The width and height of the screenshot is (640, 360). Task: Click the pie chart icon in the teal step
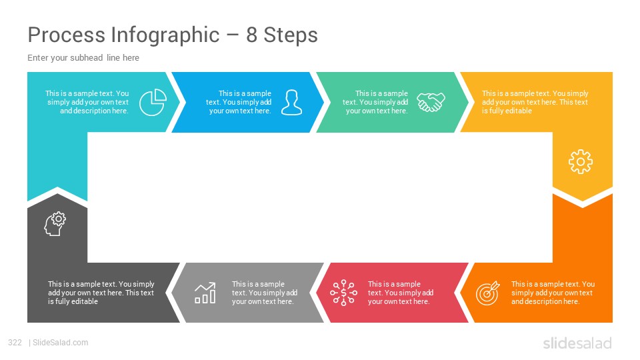(153, 102)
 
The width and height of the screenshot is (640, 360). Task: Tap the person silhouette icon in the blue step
(292, 102)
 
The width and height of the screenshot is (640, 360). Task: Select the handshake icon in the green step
(431, 102)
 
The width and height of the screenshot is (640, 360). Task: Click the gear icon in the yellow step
(581, 161)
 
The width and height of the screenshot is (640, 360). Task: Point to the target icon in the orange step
(488, 293)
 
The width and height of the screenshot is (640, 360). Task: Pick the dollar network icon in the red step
(344, 293)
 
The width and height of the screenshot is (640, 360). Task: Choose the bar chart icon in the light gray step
(205, 293)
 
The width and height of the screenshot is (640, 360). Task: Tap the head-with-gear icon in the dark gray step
(55, 224)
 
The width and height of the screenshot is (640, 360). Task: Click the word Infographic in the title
(165, 35)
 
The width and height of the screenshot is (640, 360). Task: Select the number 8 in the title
(251, 35)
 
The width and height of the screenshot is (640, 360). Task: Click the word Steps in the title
(291, 35)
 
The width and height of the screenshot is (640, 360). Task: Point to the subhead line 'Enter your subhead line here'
(83, 58)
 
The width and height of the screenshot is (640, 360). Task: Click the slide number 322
(15, 343)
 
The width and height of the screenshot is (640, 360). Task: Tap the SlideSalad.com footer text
(61, 343)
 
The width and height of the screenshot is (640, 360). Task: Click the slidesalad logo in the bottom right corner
(577, 343)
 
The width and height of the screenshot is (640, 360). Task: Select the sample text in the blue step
(239, 102)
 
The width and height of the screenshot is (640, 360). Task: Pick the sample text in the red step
(401, 293)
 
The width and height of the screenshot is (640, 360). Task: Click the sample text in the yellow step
(535, 102)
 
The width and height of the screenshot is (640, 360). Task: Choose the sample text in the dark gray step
(101, 293)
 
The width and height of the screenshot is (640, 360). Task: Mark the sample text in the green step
(375, 102)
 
